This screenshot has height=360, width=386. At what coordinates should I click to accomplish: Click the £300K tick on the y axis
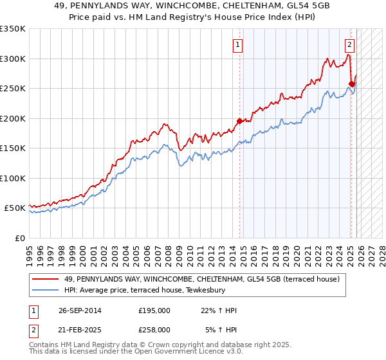(x=12, y=59)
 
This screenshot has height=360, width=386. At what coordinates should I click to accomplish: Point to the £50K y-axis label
(x=14, y=208)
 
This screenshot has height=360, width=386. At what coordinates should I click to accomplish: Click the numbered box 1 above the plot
(x=238, y=45)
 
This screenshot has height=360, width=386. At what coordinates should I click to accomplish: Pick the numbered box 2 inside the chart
(x=349, y=45)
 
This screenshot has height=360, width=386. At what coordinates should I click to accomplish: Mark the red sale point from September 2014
(x=240, y=121)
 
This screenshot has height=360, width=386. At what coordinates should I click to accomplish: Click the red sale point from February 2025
(x=352, y=84)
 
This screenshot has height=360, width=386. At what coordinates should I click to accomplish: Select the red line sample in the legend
(x=46, y=279)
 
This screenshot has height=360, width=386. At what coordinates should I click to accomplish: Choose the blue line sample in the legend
(x=46, y=290)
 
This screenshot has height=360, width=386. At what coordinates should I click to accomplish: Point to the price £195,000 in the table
(x=154, y=310)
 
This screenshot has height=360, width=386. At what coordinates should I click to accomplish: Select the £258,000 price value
(x=154, y=330)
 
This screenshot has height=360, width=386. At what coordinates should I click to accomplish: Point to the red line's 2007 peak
(x=165, y=123)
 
